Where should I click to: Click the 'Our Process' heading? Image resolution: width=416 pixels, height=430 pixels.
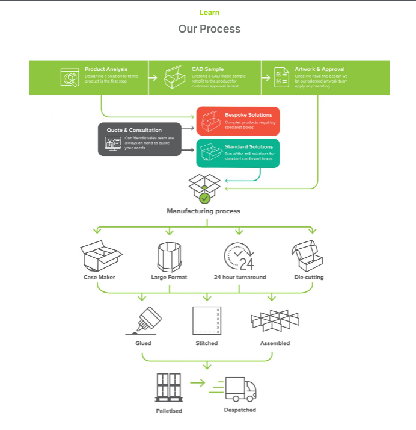tap(209, 29)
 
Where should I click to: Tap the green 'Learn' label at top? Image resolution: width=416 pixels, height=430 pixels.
tap(209, 13)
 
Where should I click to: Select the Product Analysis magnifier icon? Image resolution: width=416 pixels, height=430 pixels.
tap(70, 78)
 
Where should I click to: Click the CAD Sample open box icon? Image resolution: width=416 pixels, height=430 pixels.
tap(174, 77)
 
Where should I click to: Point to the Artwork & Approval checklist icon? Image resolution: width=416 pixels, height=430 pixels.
tap(281, 78)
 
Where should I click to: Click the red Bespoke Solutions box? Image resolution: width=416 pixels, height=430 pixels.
tap(238, 121)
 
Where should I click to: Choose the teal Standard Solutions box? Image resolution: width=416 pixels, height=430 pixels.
tap(238, 153)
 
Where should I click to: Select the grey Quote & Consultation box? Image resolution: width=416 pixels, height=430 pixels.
tap(139, 139)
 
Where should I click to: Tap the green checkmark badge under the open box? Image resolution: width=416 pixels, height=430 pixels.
tap(204, 198)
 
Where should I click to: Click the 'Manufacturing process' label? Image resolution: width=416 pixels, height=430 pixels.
tap(203, 211)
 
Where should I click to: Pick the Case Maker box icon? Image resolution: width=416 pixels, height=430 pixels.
tap(100, 257)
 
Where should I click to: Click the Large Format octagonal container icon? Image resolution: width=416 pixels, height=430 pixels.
tap(169, 257)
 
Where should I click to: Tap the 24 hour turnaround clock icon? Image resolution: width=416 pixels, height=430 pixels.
tap(239, 257)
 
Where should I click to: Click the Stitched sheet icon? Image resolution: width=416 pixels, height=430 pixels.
tap(207, 320)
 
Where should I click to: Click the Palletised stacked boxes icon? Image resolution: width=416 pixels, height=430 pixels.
tap(168, 387)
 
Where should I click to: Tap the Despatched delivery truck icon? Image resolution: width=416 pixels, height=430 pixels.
tap(240, 388)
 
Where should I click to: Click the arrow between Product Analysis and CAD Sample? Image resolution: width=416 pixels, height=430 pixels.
tap(153, 78)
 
